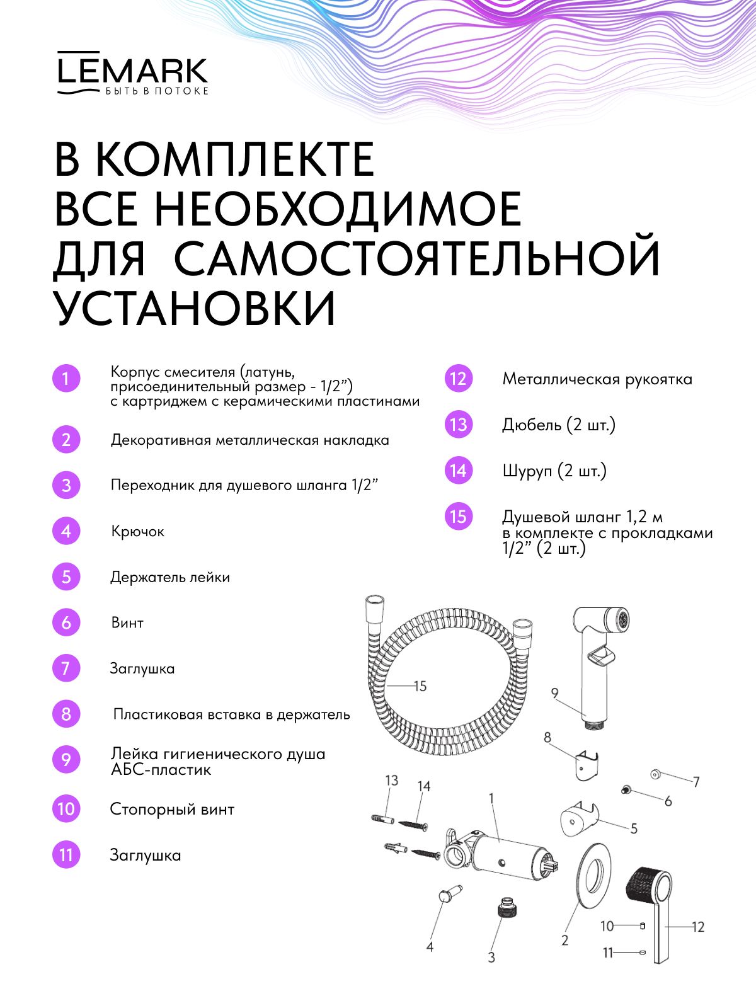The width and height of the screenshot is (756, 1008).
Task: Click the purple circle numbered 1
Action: (x=66, y=379)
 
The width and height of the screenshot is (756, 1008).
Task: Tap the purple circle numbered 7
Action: (x=66, y=668)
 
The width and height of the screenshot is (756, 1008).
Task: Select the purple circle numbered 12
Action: (x=459, y=379)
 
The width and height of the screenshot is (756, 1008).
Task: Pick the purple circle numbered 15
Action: (x=459, y=516)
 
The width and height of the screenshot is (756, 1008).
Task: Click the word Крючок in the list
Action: (x=138, y=531)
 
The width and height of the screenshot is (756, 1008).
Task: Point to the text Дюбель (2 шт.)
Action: (x=559, y=425)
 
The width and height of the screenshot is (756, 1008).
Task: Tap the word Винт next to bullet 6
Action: (x=127, y=622)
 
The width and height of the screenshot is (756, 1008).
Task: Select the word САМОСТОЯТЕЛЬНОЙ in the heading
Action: (x=417, y=256)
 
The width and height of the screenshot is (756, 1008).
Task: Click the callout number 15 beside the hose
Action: (x=420, y=685)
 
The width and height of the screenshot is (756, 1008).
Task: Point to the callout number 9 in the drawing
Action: (x=554, y=693)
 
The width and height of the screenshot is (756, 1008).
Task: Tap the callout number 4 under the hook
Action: (x=430, y=946)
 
